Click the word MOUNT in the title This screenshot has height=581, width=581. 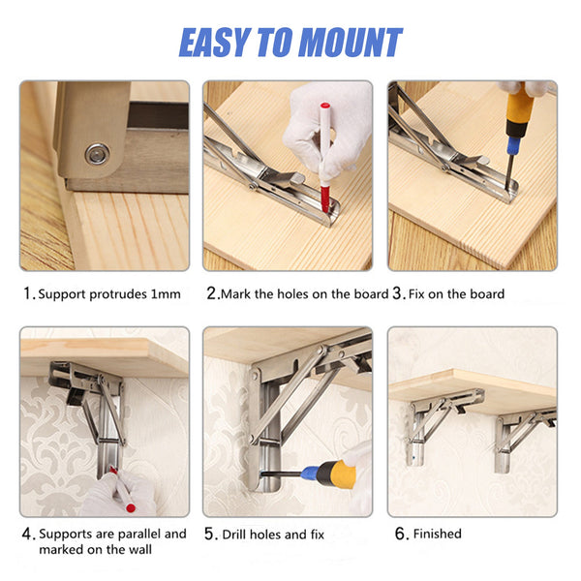tap(350, 43)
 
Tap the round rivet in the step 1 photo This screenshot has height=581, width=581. tap(96, 152)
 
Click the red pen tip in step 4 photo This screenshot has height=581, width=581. tap(130, 506)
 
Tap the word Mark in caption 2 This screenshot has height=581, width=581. tap(237, 293)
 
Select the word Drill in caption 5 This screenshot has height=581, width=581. tap(238, 534)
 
